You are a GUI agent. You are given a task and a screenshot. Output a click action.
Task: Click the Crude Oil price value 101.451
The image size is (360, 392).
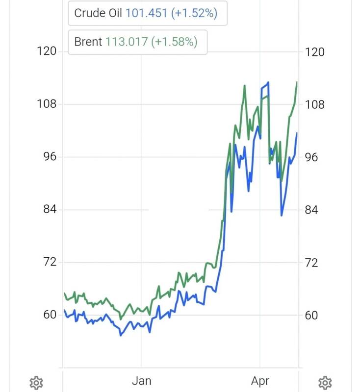tap(146, 13)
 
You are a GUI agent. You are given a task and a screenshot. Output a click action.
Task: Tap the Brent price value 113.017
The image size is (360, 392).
tap(127, 42)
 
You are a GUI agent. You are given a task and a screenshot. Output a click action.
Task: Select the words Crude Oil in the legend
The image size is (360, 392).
tap(98, 13)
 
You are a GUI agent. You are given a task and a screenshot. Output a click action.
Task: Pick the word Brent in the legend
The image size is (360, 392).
tap(88, 42)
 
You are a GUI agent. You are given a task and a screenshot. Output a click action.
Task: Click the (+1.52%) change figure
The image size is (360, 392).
tap(194, 13)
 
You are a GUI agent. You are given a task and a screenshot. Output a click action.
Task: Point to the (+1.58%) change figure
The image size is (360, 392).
tap(175, 42)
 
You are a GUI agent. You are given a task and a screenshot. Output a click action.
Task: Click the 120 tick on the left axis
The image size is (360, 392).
tap(47, 51)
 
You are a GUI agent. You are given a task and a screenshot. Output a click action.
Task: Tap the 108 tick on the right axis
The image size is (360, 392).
tap(315, 104)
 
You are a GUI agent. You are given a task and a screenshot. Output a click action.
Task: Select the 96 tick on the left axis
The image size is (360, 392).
tap(50, 156)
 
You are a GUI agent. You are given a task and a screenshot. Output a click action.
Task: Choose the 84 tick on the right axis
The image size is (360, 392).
tap(311, 210)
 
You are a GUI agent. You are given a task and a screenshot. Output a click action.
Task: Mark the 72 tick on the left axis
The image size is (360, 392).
tap(50, 262)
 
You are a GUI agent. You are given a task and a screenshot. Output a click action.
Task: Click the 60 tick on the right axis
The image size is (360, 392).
tap(311, 316)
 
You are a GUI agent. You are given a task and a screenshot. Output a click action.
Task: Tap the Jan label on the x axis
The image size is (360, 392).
tap(142, 381)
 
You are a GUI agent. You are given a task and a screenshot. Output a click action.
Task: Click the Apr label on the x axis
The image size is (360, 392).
tap(260, 381)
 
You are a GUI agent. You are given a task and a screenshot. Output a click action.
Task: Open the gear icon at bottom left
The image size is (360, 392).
tap(36, 383)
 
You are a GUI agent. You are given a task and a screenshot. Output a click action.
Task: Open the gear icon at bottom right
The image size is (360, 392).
tap(325, 383)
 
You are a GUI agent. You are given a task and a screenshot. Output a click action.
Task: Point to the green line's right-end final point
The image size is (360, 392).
tap(297, 82)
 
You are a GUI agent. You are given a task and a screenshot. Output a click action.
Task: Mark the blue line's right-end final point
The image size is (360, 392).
tap(297, 133)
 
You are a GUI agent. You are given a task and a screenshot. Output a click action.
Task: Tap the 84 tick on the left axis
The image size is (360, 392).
tap(50, 209)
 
